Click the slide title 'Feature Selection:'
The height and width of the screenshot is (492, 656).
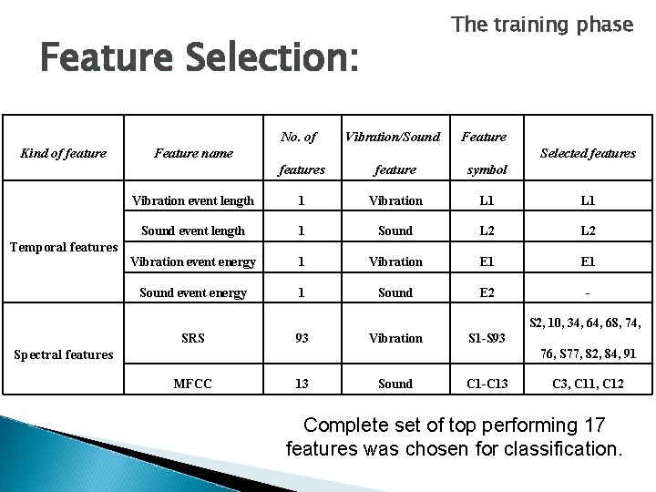pos(200,60)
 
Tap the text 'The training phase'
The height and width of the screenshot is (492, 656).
pos(542,25)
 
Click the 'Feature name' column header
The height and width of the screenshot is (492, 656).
pos(192,153)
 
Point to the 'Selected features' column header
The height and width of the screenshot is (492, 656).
pos(588,153)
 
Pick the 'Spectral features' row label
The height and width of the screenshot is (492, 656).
pos(61,354)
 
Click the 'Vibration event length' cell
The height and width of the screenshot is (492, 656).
pos(192,200)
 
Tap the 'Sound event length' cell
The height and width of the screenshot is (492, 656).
pos(192,231)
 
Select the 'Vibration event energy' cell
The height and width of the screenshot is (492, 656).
pos(192,261)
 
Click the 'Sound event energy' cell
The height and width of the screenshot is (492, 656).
pos(192,292)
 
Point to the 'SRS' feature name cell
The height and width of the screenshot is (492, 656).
pos(192,338)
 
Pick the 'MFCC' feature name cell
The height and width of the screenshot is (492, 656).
pos(192,384)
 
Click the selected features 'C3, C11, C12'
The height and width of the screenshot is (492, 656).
pos(588,384)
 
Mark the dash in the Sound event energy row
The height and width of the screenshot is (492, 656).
pos(588,292)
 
